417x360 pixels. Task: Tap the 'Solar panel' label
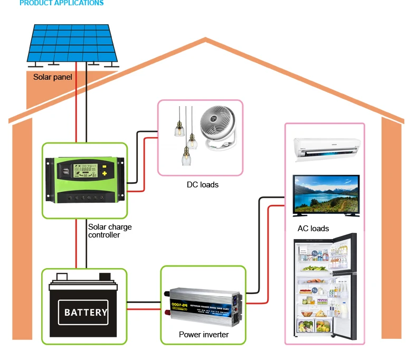tap(53, 77)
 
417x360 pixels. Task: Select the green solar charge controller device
tap(85, 180)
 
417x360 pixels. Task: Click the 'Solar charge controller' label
tap(110, 231)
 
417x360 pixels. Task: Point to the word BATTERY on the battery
tap(86, 312)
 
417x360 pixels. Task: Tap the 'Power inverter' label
tap(204, 335)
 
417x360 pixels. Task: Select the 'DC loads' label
tap(202, 185)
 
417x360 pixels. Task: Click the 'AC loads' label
tap(313, 229)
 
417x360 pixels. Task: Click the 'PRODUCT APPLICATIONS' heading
tap(62, 3)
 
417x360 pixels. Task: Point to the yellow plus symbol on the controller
tap(105, 172)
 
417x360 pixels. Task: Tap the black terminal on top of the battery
tap(105, 276)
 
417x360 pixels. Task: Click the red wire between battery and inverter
tap(144, 309)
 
